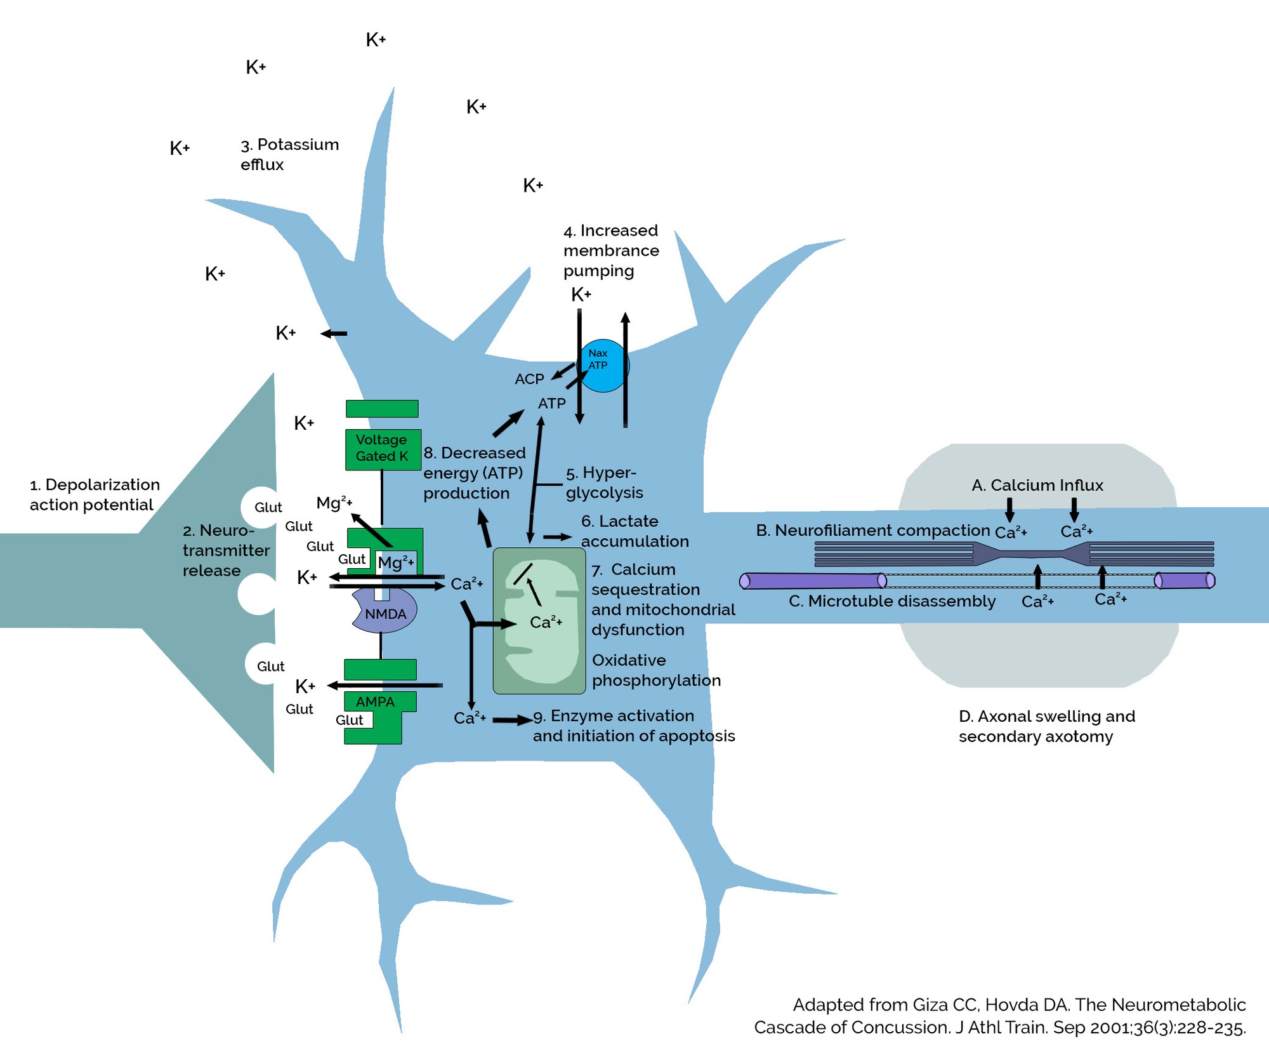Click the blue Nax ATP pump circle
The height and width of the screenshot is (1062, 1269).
[603, 366]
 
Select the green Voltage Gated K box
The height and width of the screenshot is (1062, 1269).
[382, 449]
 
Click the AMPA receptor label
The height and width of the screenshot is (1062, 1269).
[375, 701]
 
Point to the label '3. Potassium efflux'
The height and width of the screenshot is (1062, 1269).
[289, 154]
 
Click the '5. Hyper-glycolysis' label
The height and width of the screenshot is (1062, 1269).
[603, 482]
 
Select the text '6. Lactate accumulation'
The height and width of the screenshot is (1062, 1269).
[634, 531]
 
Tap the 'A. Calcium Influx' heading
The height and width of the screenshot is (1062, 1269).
[1037, 486]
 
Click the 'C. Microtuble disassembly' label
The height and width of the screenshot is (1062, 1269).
[891, 601]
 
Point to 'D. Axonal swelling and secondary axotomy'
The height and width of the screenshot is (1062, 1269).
[1046, 726]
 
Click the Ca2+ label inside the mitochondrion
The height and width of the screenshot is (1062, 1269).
[546, 622]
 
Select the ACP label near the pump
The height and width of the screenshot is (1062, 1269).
[529, 379]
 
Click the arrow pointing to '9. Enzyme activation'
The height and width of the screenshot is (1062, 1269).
[513, 720]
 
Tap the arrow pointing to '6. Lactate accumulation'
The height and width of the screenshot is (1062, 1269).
[557, 537]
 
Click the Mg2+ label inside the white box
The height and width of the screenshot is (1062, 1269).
[396, 562]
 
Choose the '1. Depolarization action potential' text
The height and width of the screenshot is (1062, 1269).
[95, 494]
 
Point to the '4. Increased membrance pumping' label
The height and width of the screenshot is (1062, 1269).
[610, 251]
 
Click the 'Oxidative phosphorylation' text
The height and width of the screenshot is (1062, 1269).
[655, 670]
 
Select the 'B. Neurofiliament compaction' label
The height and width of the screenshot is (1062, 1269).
[872, 531]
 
